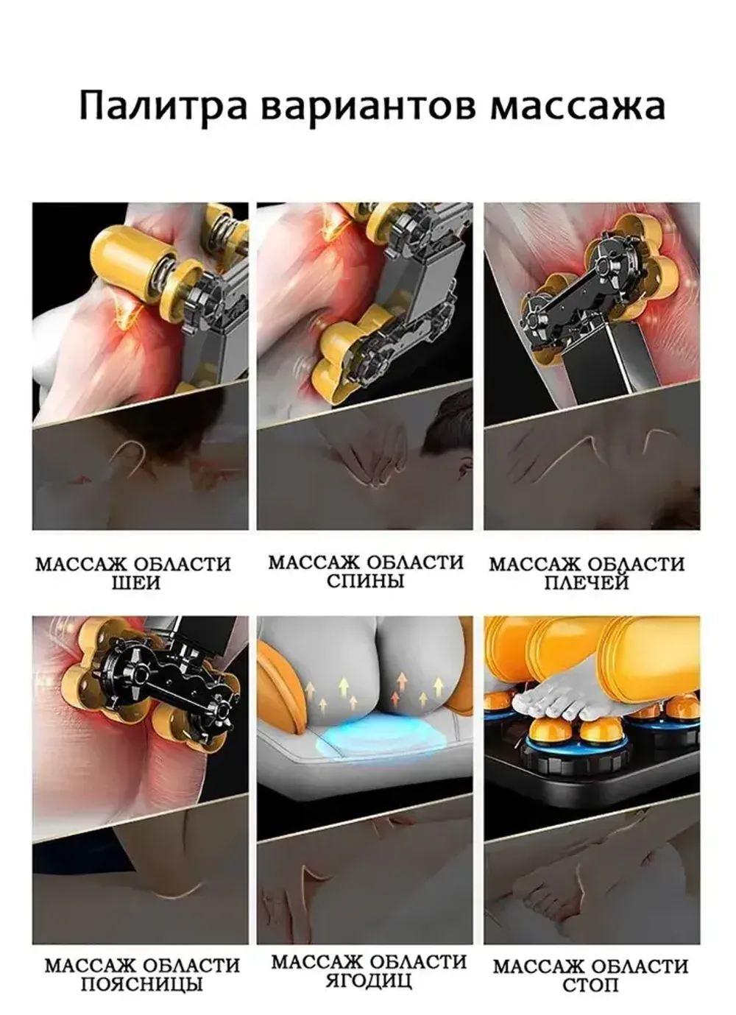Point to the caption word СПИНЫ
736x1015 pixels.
(365, 581)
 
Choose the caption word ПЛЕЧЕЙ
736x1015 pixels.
(587, 583)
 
